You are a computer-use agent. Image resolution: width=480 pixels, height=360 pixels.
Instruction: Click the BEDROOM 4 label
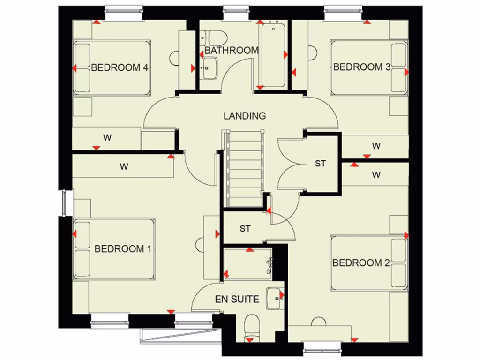tap(120, 67)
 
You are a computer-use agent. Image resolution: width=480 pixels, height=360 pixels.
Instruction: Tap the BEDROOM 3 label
tap(361, 67)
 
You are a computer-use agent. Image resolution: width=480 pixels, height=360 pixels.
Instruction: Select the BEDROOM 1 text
tap(123, 249)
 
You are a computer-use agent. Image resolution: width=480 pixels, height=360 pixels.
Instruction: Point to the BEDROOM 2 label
tap(361, 263)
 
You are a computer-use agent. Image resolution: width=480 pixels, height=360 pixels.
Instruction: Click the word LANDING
tap(245, 116)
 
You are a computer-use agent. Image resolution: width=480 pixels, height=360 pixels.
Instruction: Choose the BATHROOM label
tap(232, 50)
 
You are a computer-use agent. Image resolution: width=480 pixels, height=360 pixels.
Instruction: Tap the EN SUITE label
tap(237, 299)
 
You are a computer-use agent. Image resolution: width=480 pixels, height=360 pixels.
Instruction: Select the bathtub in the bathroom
tap(273, 55)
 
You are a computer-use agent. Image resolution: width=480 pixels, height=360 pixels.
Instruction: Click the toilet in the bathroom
tap(213, 37)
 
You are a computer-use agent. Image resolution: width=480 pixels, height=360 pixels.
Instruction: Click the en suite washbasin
tap(274, 297)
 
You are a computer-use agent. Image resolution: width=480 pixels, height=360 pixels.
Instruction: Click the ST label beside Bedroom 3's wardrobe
tap(320, 164)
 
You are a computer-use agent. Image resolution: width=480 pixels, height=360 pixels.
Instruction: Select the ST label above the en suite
tap(245, 229)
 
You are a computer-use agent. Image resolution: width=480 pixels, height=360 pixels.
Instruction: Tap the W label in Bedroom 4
tap(107, 138)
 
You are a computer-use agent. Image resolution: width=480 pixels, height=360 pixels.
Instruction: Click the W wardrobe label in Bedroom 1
tap(124, 166)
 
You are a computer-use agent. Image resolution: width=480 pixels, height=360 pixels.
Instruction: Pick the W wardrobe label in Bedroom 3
tap(376, 146)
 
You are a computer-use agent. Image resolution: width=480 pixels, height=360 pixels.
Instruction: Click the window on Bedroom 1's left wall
tap(64, 202)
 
